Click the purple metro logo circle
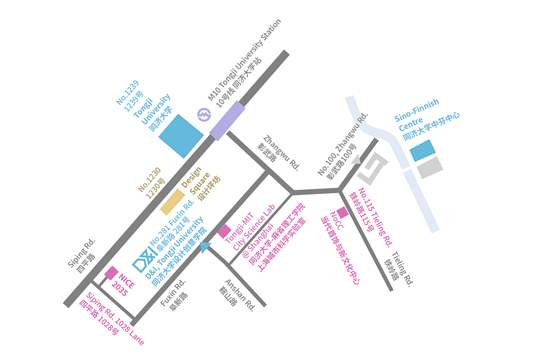tap(204, 114)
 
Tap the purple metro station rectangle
tap(227, 121)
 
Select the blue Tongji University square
tap(181, 136)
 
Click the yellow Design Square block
tap(173, 202)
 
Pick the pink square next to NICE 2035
tap(112, 273)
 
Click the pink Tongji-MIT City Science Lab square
tap(224, 231)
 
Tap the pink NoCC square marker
tap(342, 212)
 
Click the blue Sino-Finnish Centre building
tap(423, 150)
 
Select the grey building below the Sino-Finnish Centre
tap(430, 168)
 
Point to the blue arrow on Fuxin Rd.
tap(205, 247)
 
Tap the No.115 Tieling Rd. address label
tap(371, 217)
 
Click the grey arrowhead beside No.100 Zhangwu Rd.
tap(356, 159)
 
